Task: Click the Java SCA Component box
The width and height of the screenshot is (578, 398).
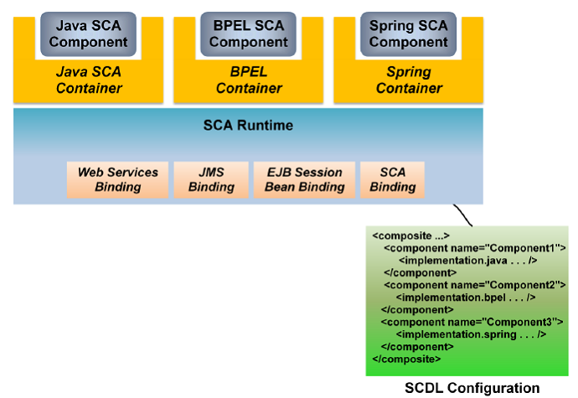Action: pyautogui.click(x=89, y=34)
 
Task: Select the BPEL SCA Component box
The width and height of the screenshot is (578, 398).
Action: pyautogui.click(x=249, y=34)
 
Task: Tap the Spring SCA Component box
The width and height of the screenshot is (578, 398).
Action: pyautogui.click(x=409, y=34)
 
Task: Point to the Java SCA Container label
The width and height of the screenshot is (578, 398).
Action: pyautogui.click(x=89, y=80)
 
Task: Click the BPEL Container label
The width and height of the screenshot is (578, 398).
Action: pyautogui.click(x=249, y=80)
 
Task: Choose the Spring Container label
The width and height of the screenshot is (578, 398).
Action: pyautogui.click(x=409, y=80)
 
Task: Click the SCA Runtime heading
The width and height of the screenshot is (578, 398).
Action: pyautogui.click(x=248, y=126)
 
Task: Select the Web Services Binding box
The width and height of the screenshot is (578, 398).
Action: pyautogui.click(x=117, y=179)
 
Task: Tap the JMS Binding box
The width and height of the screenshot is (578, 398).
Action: pyautogui.click(x=211, y=179)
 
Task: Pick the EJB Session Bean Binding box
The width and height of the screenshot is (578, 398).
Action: pyautogui.click(x=304, y=179)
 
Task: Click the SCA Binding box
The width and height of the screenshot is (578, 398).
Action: pyautogui.click(x=393, y=179)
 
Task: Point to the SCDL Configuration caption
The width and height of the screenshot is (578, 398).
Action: pyautogui.click(x=472, y=388)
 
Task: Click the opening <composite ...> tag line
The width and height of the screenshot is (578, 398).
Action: pyautogui.click(x=411, y=235)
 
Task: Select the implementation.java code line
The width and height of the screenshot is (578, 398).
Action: pyautogui.click(x=467, y=261)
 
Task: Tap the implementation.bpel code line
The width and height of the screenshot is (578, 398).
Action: pyautogui.click(x=466, y=297)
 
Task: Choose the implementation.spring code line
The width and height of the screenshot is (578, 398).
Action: pyautogui.click(x=471, y=334)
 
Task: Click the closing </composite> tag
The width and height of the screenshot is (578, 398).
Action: pyautogui.click(x=406, y=359)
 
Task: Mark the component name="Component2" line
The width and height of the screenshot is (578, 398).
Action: pyautogui.click(x=475, y=285)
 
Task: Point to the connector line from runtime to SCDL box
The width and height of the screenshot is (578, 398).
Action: pyautogui.click(x=463, y=215)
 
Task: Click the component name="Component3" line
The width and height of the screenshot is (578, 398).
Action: pyautogui.click(x=472, y=322)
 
